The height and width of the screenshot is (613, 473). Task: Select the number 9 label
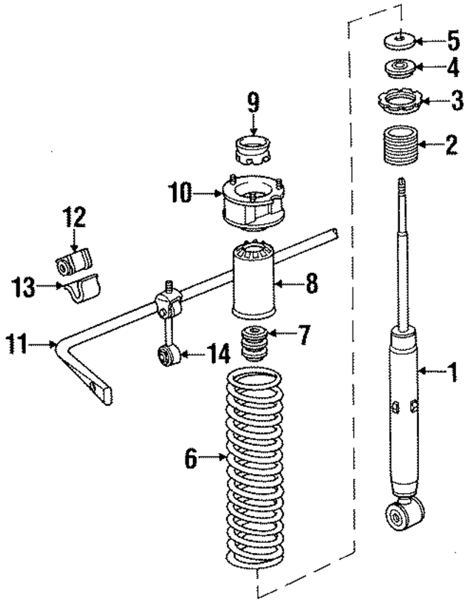(253, 101)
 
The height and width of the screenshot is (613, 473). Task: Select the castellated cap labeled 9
(253, 151)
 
